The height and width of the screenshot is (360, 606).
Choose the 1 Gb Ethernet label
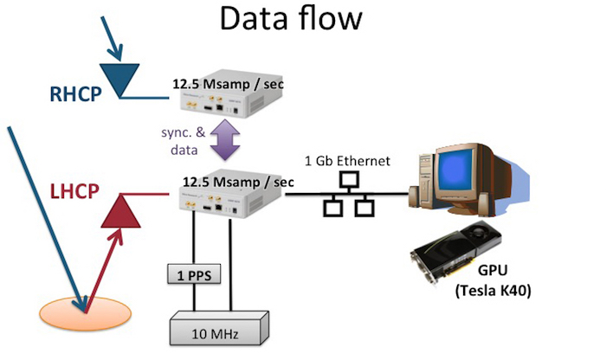[348, 160]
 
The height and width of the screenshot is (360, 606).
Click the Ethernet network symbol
[349, 194]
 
